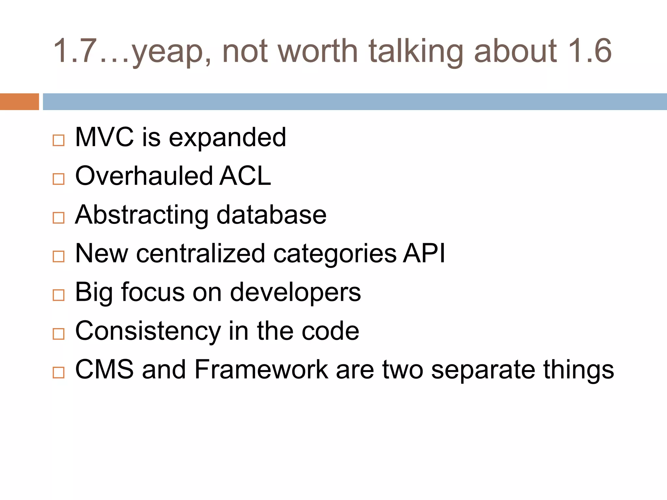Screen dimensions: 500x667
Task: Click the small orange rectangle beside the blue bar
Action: (19, 102)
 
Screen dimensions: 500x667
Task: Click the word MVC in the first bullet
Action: (104, 137)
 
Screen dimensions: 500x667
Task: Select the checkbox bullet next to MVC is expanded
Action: (59, 140)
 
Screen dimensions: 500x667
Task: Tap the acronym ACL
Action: (245, 176)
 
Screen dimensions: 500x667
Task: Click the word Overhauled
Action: (144, 176)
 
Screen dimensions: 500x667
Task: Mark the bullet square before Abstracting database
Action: (59, 218)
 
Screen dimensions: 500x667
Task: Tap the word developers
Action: (295, 292)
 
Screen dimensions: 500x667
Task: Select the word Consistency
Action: (148, 331)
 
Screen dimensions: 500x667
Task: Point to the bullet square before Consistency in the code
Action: (59, 334)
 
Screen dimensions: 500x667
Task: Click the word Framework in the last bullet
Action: (261, 369)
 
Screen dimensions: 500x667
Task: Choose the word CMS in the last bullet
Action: (104, 369)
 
